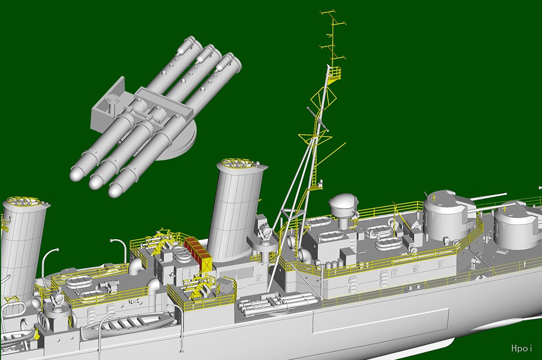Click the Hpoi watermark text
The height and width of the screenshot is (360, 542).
coord(521,348)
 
